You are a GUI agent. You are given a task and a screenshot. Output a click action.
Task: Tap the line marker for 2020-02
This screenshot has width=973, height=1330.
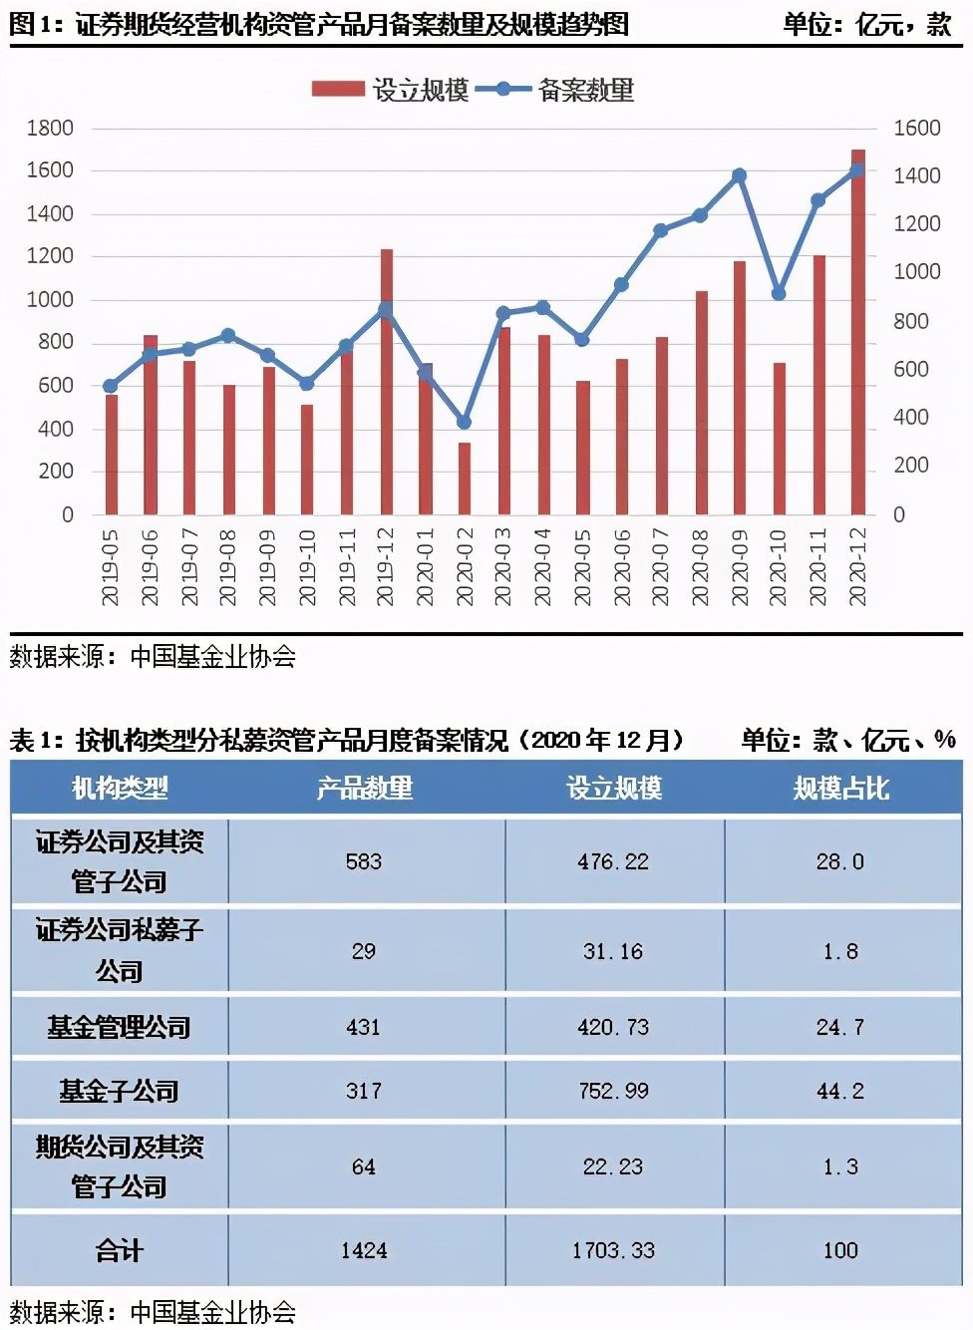click(x=464, y=422)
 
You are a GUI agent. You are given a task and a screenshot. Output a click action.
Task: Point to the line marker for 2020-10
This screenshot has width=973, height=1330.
click(x=779, y=293)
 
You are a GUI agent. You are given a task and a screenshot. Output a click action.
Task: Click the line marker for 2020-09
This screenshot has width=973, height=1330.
click(x=739, y=175)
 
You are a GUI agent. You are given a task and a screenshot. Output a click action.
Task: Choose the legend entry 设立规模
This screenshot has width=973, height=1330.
click(x=391, y=90)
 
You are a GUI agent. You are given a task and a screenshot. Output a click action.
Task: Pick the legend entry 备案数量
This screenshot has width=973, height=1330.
click(x=556, y=90)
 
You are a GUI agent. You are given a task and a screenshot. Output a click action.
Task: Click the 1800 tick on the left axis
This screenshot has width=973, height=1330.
click(x=50, y=128)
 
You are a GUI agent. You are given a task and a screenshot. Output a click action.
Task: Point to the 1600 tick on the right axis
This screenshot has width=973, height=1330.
click(x=916, y=128)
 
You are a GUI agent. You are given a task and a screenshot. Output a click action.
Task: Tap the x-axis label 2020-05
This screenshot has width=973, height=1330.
click(x=583, y=567)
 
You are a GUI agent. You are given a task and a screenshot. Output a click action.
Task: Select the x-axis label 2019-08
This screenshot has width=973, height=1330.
click(x=228, y=567)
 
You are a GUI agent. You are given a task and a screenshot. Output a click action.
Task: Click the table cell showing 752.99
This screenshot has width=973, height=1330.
click(x=613, y=1091)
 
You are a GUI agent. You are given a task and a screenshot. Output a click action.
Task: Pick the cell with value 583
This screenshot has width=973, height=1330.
click(x=364, y=861)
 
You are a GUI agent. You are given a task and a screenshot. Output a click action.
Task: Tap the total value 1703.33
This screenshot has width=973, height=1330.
click(x=613, y=1250)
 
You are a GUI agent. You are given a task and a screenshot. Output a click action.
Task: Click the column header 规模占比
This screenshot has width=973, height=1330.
click(x=840, y=789)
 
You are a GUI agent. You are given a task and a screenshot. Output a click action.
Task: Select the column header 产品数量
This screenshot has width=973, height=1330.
click(x=364, y=789)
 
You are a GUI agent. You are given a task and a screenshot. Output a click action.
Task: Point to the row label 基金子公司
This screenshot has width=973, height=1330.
click(x=119, y=1091)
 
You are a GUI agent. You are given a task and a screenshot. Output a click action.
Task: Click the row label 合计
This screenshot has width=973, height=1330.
click(x=119, y=1250)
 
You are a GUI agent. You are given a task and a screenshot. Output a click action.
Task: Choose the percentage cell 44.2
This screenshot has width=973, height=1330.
click(x=840, y=1091)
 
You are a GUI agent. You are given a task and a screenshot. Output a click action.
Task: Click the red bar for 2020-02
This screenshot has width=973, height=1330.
click(x=465, y=479)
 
